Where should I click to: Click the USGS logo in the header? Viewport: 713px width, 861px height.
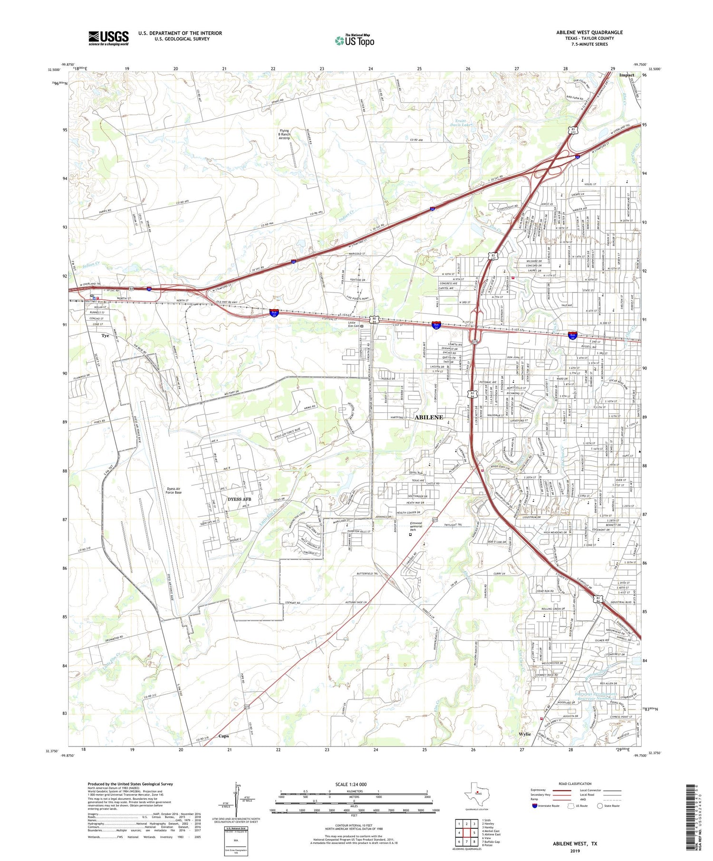108,38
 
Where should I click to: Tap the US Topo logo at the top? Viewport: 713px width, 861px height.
354,41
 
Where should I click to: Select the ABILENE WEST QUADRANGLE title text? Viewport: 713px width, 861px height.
589,32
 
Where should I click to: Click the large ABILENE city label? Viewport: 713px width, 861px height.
429,417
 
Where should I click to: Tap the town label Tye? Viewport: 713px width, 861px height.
105,336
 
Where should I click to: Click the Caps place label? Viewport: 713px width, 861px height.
223,736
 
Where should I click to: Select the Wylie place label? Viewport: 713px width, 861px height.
525,734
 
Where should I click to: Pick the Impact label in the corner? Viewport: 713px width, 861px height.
626,75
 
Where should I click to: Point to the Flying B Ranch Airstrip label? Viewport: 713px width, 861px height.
284,134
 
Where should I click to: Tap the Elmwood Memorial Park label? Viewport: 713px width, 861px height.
420,526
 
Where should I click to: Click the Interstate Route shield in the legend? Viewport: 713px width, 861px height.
535,806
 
